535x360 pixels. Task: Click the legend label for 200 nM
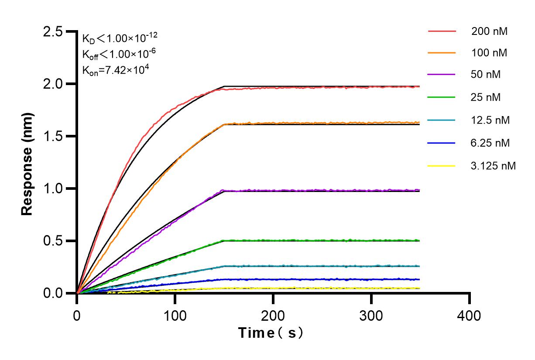(489, 31)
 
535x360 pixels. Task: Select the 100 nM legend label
(489, 53)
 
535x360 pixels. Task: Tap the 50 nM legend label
(486, 75)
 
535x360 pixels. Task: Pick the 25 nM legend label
(486, 97)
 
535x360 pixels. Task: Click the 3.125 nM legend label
(494, 166)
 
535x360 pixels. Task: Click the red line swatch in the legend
(442, 31)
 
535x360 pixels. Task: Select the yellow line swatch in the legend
(442, 166)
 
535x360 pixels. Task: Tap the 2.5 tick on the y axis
(52, 31)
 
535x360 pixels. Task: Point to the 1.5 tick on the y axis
(52, 136)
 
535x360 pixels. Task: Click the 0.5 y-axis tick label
(52, 241)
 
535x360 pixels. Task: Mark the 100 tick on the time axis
(175, 315)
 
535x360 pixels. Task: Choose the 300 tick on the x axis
(371, 315)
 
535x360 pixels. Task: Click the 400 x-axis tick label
(470, 315)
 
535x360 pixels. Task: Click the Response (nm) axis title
(27, 164)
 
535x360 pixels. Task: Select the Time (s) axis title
(271, 333)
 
